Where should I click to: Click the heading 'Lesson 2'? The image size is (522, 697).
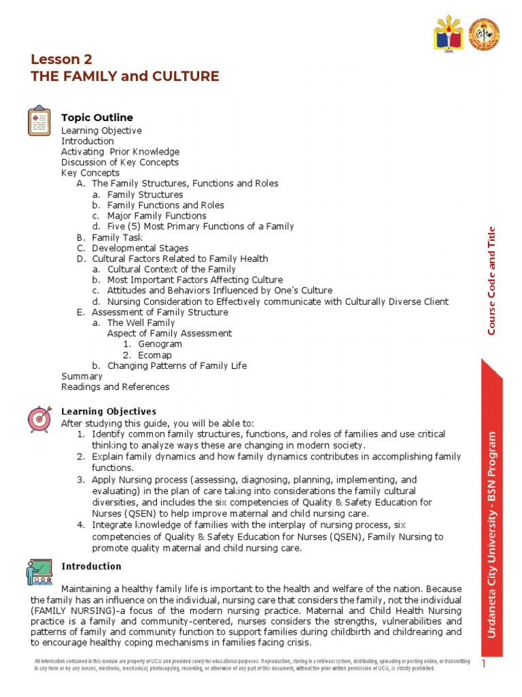click(x=61, y=59)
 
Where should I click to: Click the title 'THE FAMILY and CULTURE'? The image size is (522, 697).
click(x=125, y=76)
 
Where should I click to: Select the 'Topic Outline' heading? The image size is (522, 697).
click(x=97, y=118)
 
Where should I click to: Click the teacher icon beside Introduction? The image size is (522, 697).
click(x=39, y=572)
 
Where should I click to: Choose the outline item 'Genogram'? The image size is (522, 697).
click(x=160, y=344)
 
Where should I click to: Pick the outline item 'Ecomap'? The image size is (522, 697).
click(x=155, y=355)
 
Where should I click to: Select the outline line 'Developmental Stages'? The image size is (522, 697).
click(x=140, y=248)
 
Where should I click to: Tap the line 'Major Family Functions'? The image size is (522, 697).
click(x=157, y=216)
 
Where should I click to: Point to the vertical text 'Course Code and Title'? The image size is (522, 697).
click(x=492, y=280)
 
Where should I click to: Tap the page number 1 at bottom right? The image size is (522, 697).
click(x=484, y=663)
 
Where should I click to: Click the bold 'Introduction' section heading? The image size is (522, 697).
click(x=92, y=566)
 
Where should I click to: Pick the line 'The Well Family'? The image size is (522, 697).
click(x=141, y=323)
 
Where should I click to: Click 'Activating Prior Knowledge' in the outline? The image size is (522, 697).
click(x=120, y=152)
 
